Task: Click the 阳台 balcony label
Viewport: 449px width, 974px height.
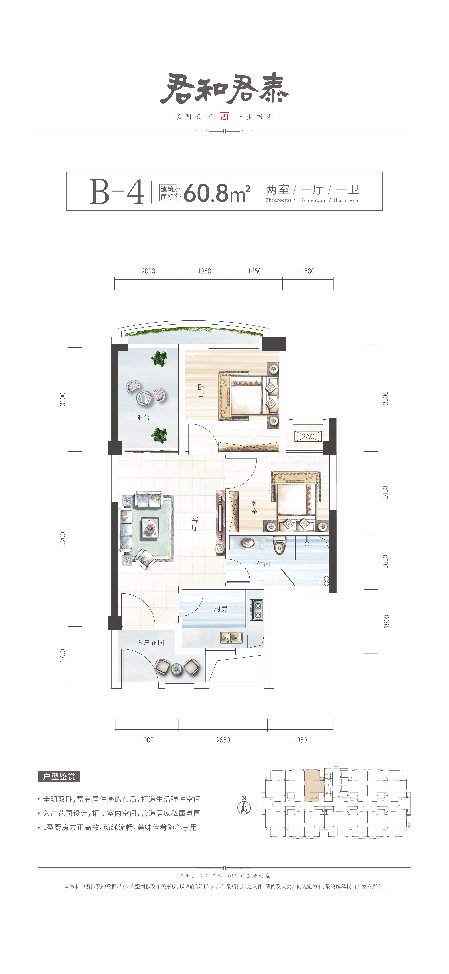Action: point(143,417)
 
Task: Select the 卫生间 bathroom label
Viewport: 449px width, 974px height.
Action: point(260,564)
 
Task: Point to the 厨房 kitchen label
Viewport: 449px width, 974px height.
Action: point(221,608)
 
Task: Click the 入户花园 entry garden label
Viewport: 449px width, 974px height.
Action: point(151,642)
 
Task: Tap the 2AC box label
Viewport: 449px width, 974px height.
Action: point(308,436)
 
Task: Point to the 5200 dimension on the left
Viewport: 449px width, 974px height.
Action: point(63,538)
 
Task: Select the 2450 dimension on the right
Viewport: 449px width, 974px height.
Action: point(385,493)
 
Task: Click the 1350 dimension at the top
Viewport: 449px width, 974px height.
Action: point(204,271)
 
